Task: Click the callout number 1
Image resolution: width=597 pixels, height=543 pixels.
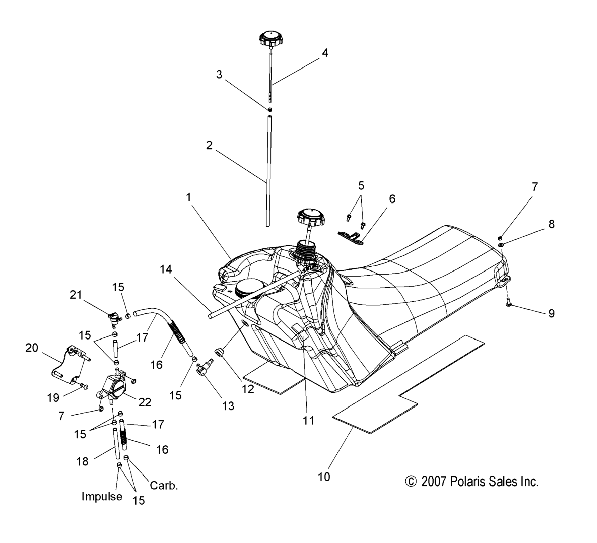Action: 189,197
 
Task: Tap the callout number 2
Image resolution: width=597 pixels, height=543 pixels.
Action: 209,146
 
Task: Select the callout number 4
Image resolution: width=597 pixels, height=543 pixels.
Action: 325,53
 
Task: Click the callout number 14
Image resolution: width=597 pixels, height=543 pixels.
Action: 166,270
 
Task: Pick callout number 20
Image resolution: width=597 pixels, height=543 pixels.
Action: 32,348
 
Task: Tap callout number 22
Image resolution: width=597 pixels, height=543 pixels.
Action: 145,402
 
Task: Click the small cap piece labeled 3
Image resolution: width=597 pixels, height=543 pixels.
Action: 270,110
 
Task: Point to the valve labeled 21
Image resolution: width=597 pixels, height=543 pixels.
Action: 114,318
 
